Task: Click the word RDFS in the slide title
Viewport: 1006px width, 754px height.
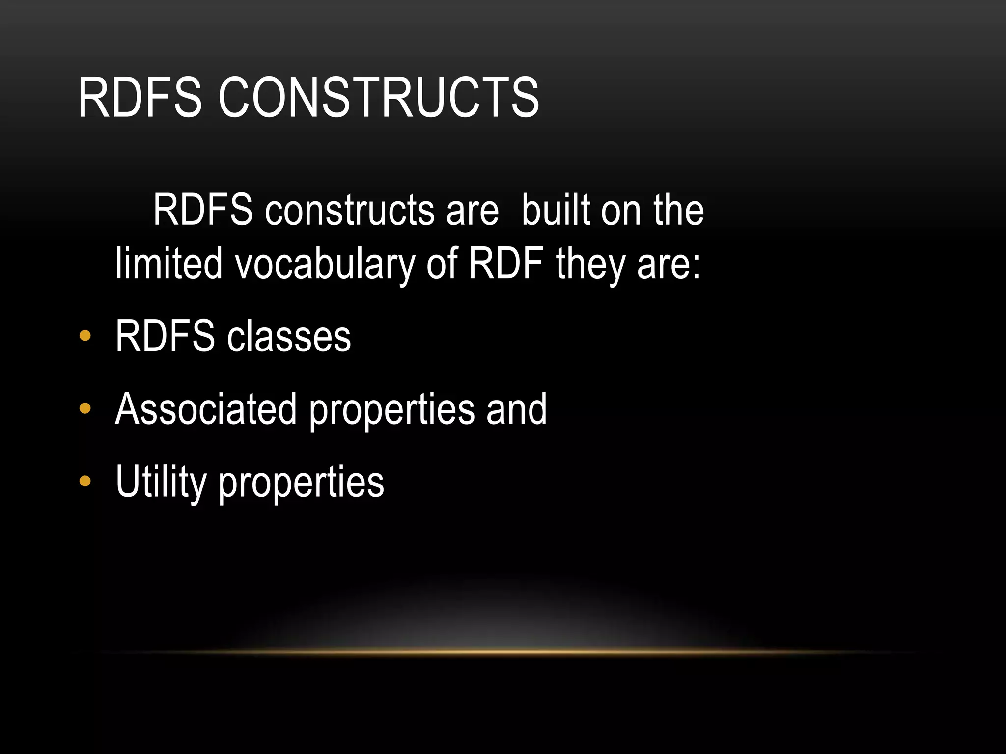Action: tap(140, 98)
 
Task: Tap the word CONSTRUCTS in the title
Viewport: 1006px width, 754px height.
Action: tap(378, 98)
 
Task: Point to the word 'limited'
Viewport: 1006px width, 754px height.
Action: tap(168, 264)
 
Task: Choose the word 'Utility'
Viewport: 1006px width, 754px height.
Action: tap(161, 482)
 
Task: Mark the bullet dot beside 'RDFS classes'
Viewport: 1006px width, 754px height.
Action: tap(85, 336)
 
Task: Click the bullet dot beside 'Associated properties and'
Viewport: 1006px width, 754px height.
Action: tap(85, 408)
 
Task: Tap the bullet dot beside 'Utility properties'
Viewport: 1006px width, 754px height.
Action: tap(85, 481)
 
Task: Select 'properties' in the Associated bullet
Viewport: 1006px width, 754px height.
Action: tap(392, 410)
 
